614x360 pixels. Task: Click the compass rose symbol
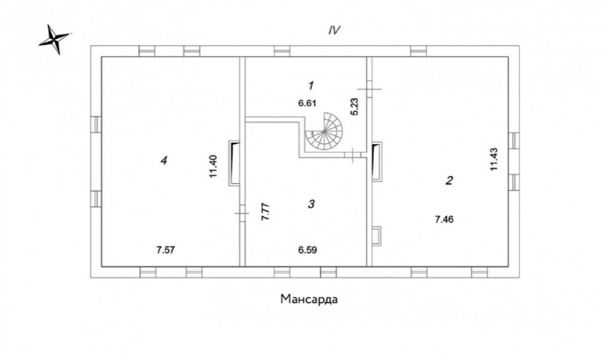pos(55,39)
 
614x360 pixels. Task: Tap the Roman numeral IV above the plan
pos(334,30)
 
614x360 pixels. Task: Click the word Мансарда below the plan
pos(309,299)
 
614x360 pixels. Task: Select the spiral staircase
pos(325,131)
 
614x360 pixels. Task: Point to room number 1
pos(311,85)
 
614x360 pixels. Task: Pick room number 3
pos(311,204)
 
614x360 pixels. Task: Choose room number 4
pos(164,160)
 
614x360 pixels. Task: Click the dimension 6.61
pos(307,103)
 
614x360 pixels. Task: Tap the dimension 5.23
pos(355,106)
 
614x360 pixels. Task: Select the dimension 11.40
pos(214,166)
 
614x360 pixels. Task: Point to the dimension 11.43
pos(494,158)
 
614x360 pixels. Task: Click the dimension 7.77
pos(266,212)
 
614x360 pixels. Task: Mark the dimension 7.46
pos(444,219)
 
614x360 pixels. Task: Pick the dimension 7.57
pos(165,249)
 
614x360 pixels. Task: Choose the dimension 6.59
pos(308,249)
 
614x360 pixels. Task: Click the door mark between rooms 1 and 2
pos(369,89)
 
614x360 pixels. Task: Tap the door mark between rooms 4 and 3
pos(243,213)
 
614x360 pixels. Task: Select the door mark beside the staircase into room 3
pos(353,155)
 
